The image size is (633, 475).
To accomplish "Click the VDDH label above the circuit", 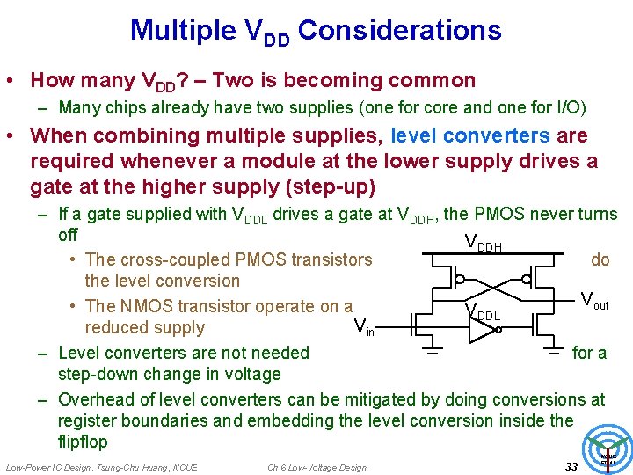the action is click(x=483, y=244).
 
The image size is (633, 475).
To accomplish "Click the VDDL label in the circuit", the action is click(x=484, y=312).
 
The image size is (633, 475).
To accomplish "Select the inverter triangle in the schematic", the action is click(x=482, y=331).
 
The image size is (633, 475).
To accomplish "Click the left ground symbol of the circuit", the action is click(x=433, y=354).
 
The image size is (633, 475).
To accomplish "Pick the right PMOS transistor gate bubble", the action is click(x=526, y=280).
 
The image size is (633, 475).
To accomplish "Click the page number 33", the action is click(x=571, y=466).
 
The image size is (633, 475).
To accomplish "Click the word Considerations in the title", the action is click(x=400, y=31).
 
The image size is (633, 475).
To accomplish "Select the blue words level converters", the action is click(x=470, y=136).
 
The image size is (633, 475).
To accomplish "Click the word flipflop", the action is click(x=83, y=442).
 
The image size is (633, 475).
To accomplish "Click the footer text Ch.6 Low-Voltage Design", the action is click(x=316, y=467).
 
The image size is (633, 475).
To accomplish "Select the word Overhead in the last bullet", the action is click(x=94, y=399).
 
